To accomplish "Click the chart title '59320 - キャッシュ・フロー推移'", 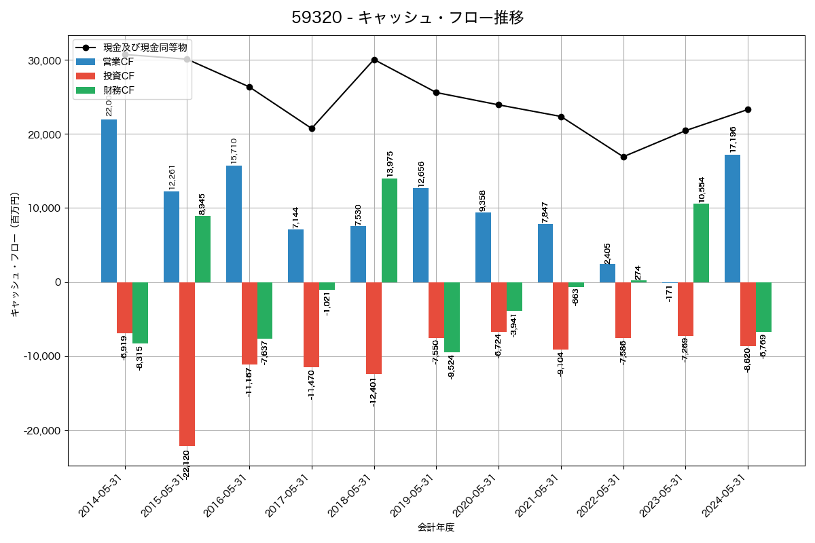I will (x=407, y=18).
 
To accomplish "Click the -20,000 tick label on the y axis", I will (x=41, y=431).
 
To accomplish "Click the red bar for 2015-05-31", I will (x=187, y=364).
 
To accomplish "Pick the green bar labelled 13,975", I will (x=389, y=230).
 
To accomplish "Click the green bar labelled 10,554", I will (x=701, y=243).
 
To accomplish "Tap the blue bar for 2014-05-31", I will (x=109, y=201).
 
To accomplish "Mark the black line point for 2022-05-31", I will (x=623, y=157).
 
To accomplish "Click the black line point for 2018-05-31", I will (x=374, y=60).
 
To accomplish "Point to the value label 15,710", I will (x=234, y=151).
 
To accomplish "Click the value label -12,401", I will (x=373, y=392).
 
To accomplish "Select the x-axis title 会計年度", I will (x=435, y=527).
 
